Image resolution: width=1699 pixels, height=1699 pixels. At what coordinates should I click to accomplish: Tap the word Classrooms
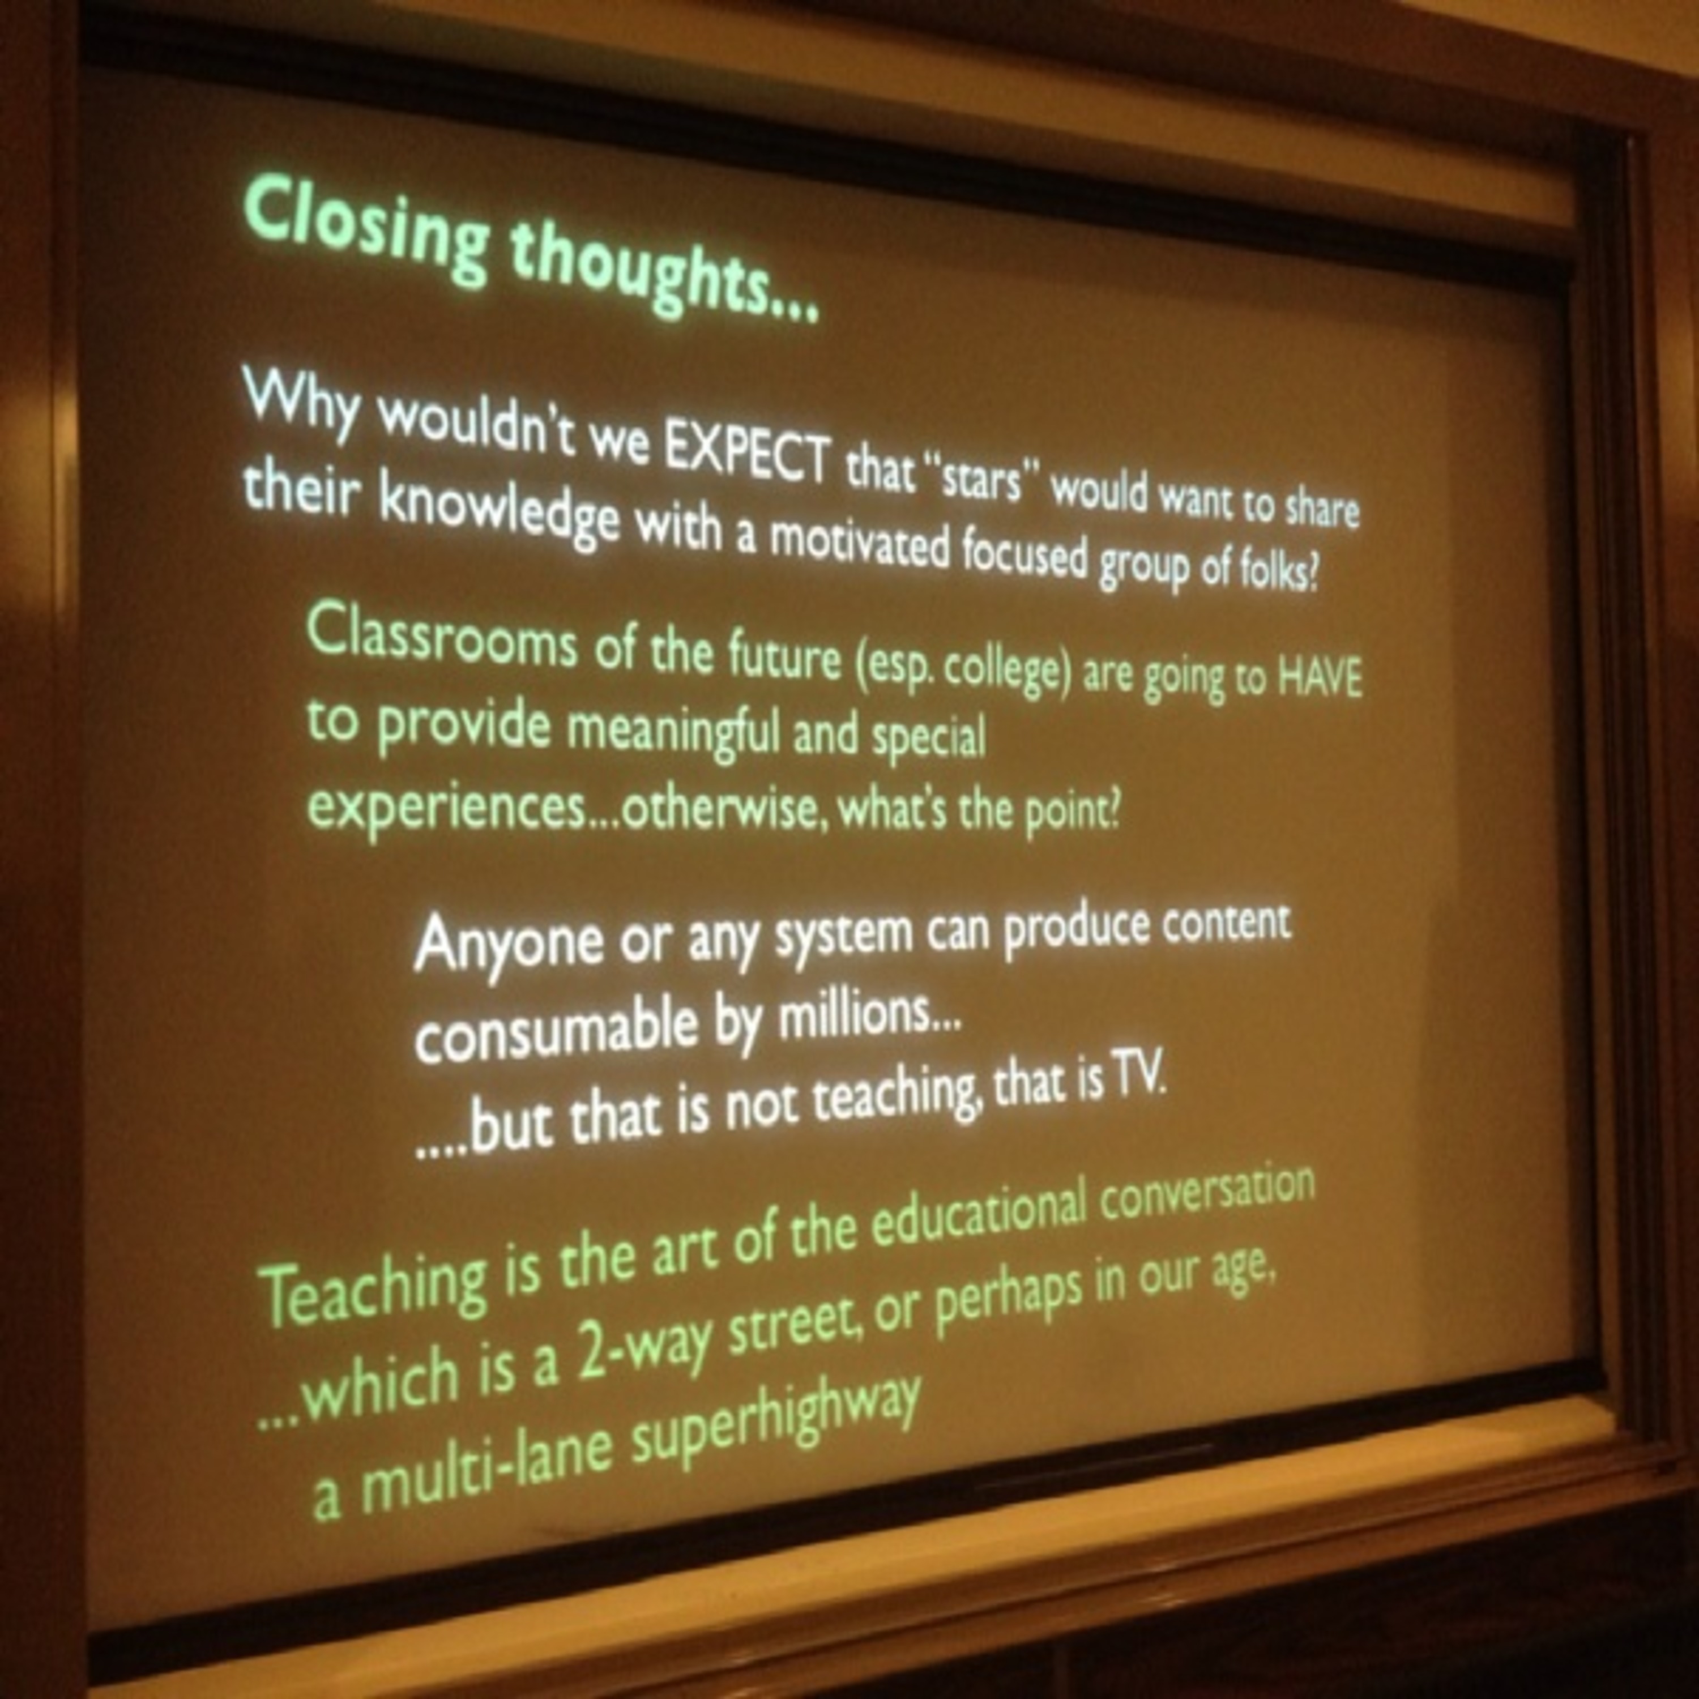(442, 637)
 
